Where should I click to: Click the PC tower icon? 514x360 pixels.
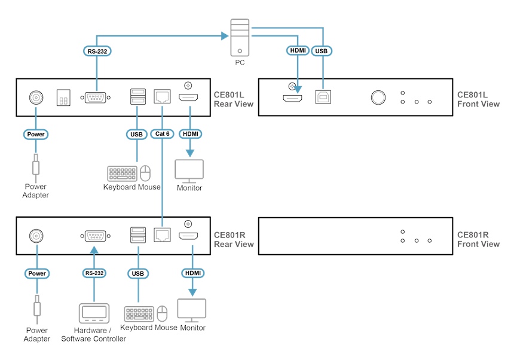tap(239, 37)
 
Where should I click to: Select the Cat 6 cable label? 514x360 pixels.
tap(162, 134)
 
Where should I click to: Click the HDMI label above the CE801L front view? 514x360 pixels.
tap(297, 51)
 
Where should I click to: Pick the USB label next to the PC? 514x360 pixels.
tap(322, 51)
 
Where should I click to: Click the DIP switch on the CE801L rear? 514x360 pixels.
tap(63, 98)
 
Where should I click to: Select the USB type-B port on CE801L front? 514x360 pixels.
tap(323, 97)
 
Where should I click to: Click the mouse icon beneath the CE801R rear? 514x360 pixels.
tap(162, 313)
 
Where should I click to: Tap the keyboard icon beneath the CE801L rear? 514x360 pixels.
tap(122, 174)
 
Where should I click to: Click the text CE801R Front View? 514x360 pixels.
tap(478, 239)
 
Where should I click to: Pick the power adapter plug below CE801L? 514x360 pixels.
tap(36, 167)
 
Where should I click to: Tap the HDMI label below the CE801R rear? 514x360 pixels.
tap(192, 273)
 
